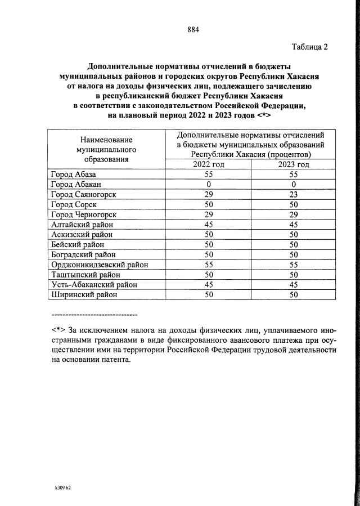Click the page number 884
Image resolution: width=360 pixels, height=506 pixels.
coord(193,29)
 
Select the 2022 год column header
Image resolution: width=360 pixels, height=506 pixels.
coord(208,164)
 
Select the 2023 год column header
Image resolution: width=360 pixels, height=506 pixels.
coord(294,164)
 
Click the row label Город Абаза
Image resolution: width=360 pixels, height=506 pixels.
coord(74,174)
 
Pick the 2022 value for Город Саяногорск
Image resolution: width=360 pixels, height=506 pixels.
coord(208,194)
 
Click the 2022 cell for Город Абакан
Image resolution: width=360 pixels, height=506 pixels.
coord(208,184)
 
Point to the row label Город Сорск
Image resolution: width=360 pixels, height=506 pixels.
coord(74,204)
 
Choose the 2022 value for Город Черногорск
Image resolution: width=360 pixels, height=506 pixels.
coord(208,214)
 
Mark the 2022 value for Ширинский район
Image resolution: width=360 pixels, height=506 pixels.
coord(208,294)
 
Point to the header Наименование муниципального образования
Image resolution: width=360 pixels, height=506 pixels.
coord(106,149)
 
